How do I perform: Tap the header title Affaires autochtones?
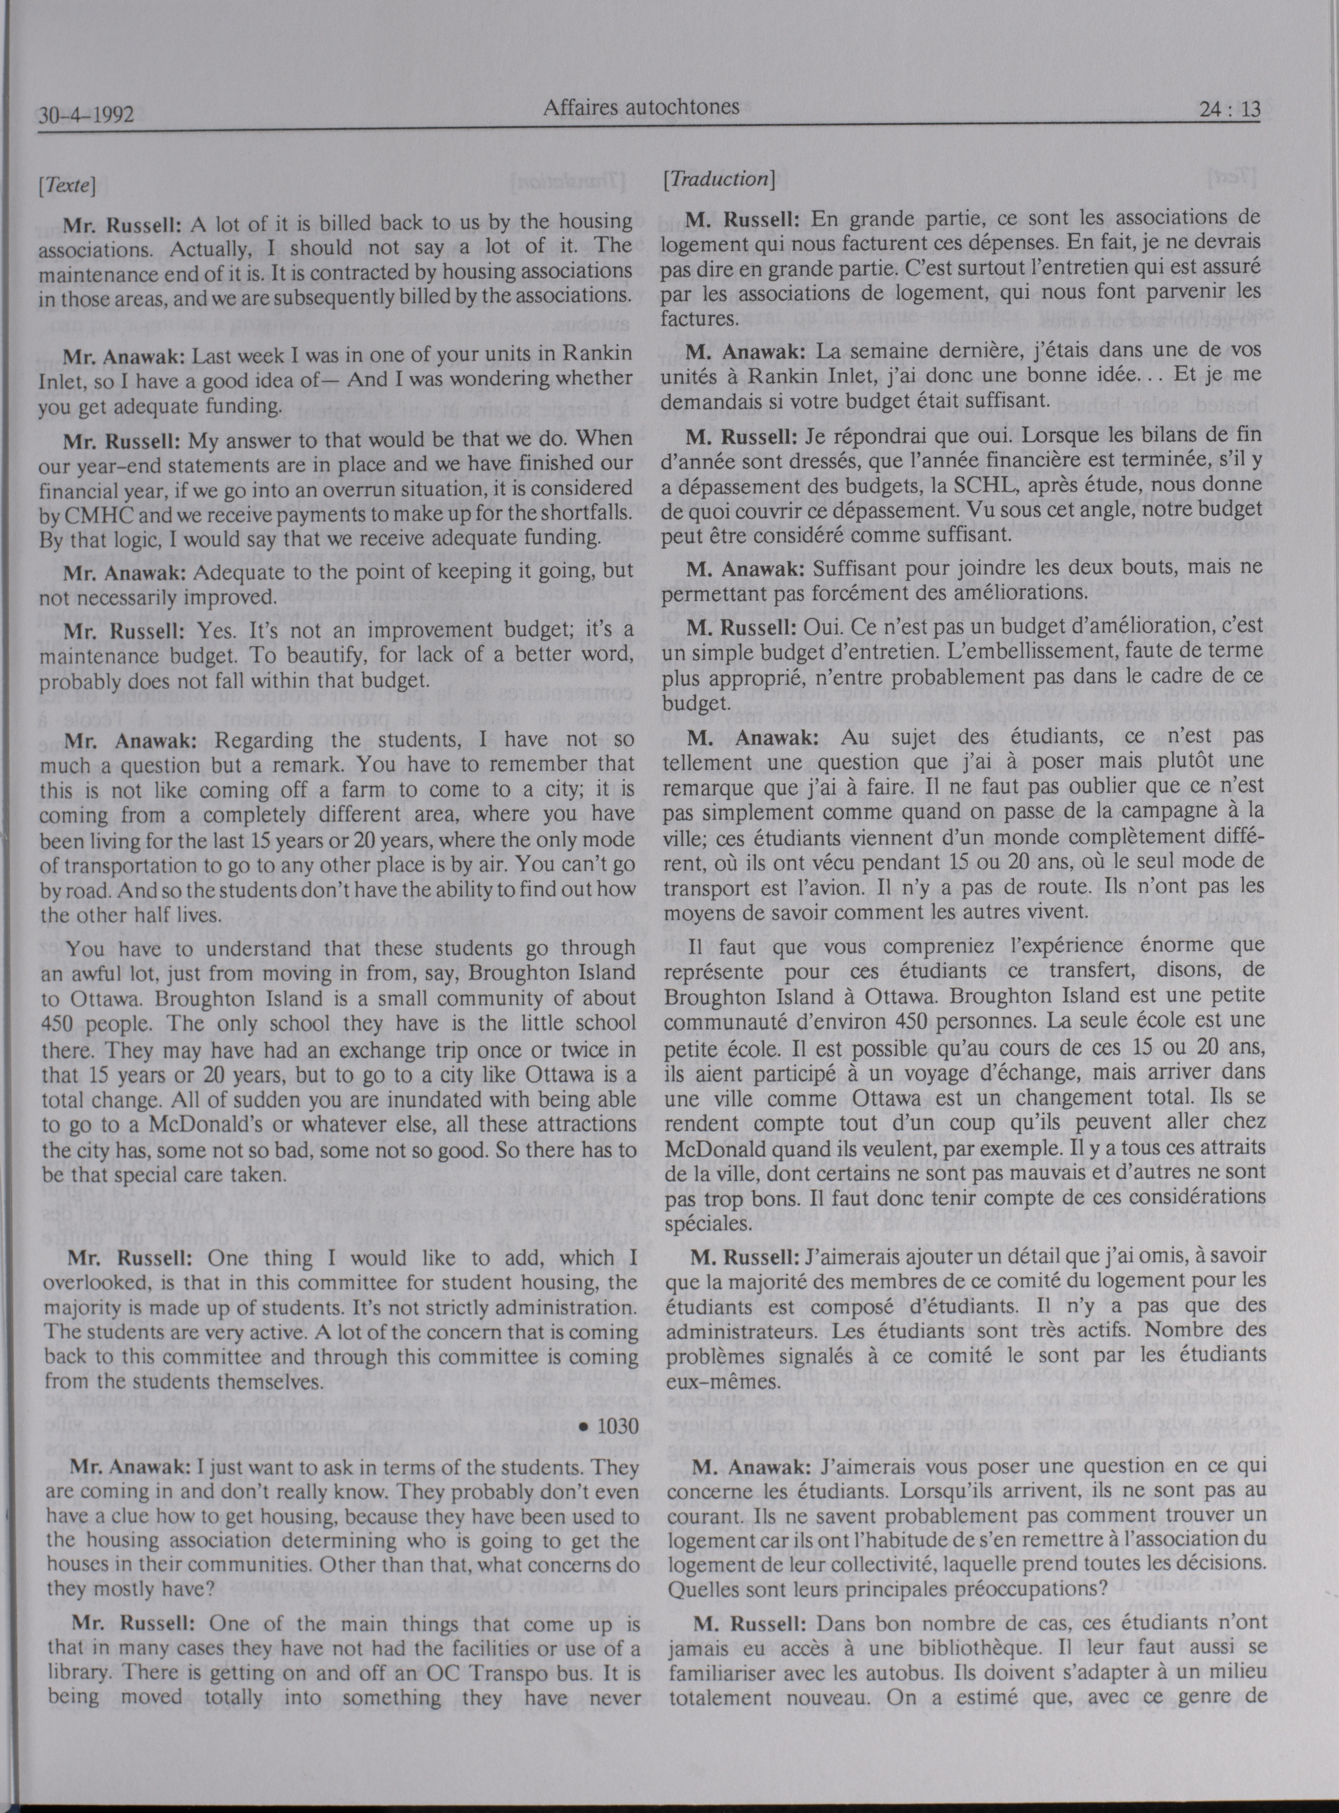641,106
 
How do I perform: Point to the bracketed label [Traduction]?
718,180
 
